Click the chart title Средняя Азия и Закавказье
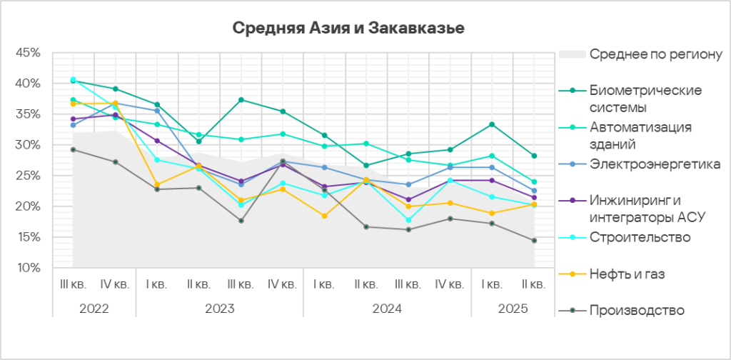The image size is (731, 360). coord(349,29)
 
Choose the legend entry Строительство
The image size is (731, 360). coord(640,236)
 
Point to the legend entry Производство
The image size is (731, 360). coord(637,310)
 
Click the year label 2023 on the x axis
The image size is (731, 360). coord(220,309)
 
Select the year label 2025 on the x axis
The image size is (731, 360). coord(513,309)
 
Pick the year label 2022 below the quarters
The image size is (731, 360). coord(94,309)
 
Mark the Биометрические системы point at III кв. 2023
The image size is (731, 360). coord(241,99)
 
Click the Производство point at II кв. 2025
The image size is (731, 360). coord(533,241)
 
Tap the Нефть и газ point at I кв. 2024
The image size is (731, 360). coord(324,216)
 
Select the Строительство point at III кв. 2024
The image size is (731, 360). coord(408,220)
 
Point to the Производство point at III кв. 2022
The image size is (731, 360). coord(73,149)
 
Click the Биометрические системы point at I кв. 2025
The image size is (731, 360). coord(492,124)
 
